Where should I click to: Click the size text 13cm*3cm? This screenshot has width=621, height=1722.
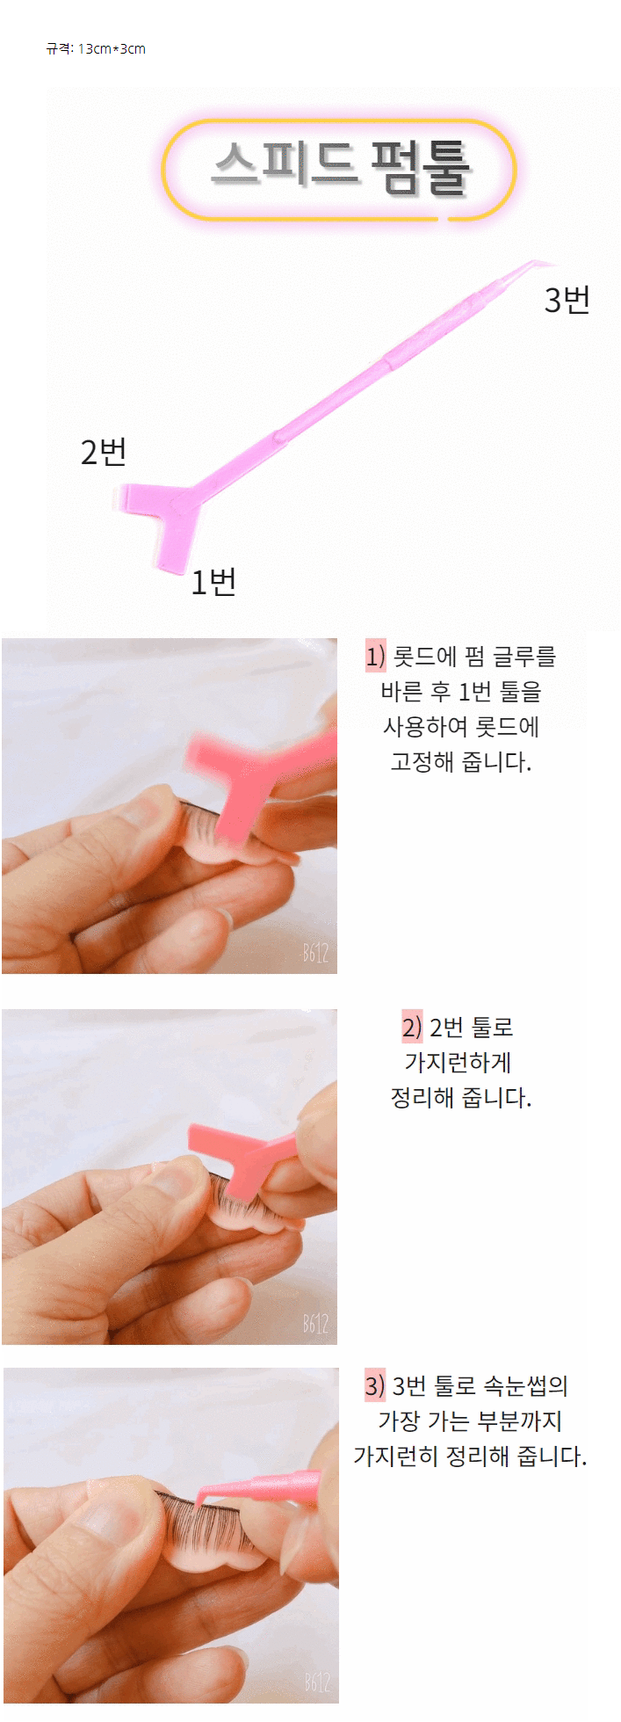coord(112,49)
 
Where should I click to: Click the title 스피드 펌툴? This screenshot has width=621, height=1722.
coord(341,166)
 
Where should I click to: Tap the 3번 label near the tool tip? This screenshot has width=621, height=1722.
coord(567,300)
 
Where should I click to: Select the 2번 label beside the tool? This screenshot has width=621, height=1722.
coord(104,452)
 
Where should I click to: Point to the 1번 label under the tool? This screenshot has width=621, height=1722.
coord(213,581)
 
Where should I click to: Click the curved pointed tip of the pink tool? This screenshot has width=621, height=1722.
coord(553,263)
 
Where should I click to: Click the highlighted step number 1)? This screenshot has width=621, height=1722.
coord(375,657)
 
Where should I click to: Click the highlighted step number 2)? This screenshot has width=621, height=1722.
coord(412,1027)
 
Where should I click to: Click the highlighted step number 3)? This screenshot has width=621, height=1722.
coord(375,1386)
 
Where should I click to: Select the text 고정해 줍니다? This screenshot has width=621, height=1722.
coord(461,761)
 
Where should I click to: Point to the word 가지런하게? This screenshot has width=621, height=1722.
coord(458,1062)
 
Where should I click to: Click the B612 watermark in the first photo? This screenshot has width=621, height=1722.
coord(315,953)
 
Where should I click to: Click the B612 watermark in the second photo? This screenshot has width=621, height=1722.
coord(315,1324)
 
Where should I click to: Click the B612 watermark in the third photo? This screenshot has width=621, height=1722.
coord(317,1682)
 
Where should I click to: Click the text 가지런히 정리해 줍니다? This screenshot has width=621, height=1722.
coord(470,1457)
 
